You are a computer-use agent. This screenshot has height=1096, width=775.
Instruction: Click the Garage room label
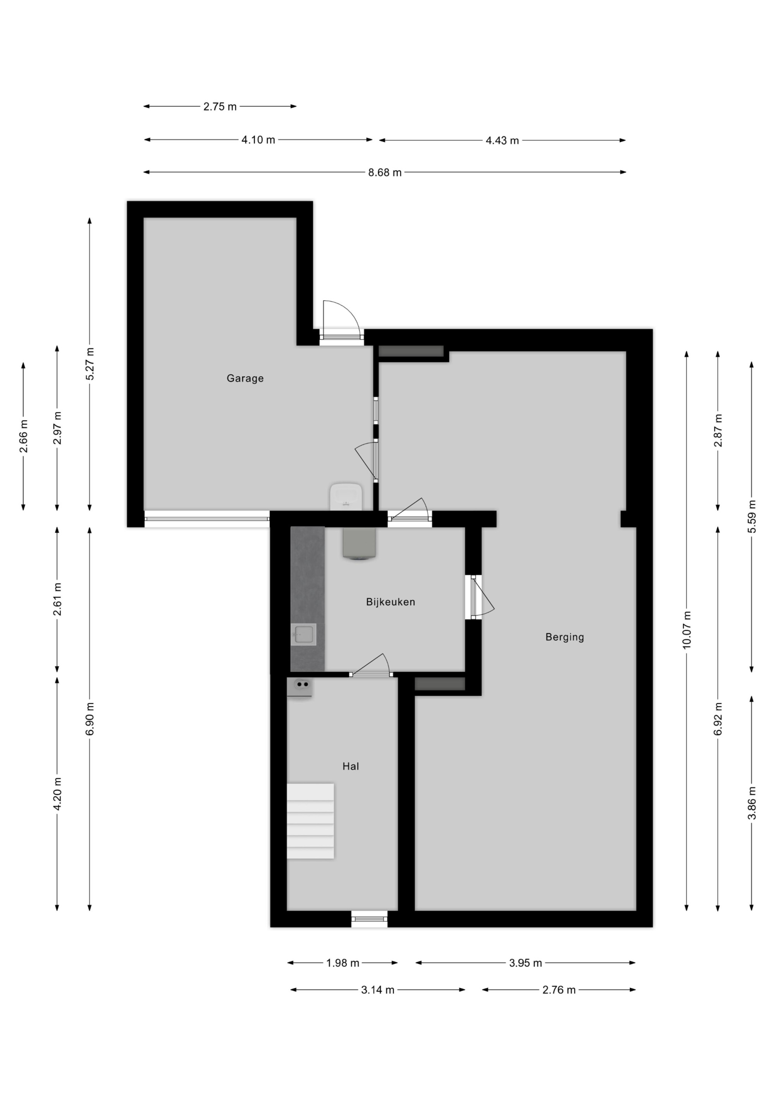pos(245,378)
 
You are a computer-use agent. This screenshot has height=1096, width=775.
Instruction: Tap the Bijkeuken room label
pos(391,602)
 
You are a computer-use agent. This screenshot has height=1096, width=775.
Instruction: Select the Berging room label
pos(565,637)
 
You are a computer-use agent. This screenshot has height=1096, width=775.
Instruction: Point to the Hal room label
pos(350,766)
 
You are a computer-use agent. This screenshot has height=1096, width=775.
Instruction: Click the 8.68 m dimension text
pos(384,172)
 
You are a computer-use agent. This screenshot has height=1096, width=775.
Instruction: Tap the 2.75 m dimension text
pos(220,107)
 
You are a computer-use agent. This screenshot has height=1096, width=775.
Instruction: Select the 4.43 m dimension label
pos(502,140)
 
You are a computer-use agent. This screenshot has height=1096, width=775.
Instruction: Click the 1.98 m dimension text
pos(343,963)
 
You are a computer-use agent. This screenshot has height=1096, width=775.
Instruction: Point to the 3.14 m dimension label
pos(377,989)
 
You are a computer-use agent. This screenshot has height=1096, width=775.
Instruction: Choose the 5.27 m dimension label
pos(90,364)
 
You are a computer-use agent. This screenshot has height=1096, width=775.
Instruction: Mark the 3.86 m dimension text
pos(752,802)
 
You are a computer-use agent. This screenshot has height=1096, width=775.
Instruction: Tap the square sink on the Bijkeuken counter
pos(303,635)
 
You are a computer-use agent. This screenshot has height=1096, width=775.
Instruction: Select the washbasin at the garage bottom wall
pos(346,496)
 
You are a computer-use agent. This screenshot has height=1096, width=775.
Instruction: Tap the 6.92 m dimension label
pos(718,719)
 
